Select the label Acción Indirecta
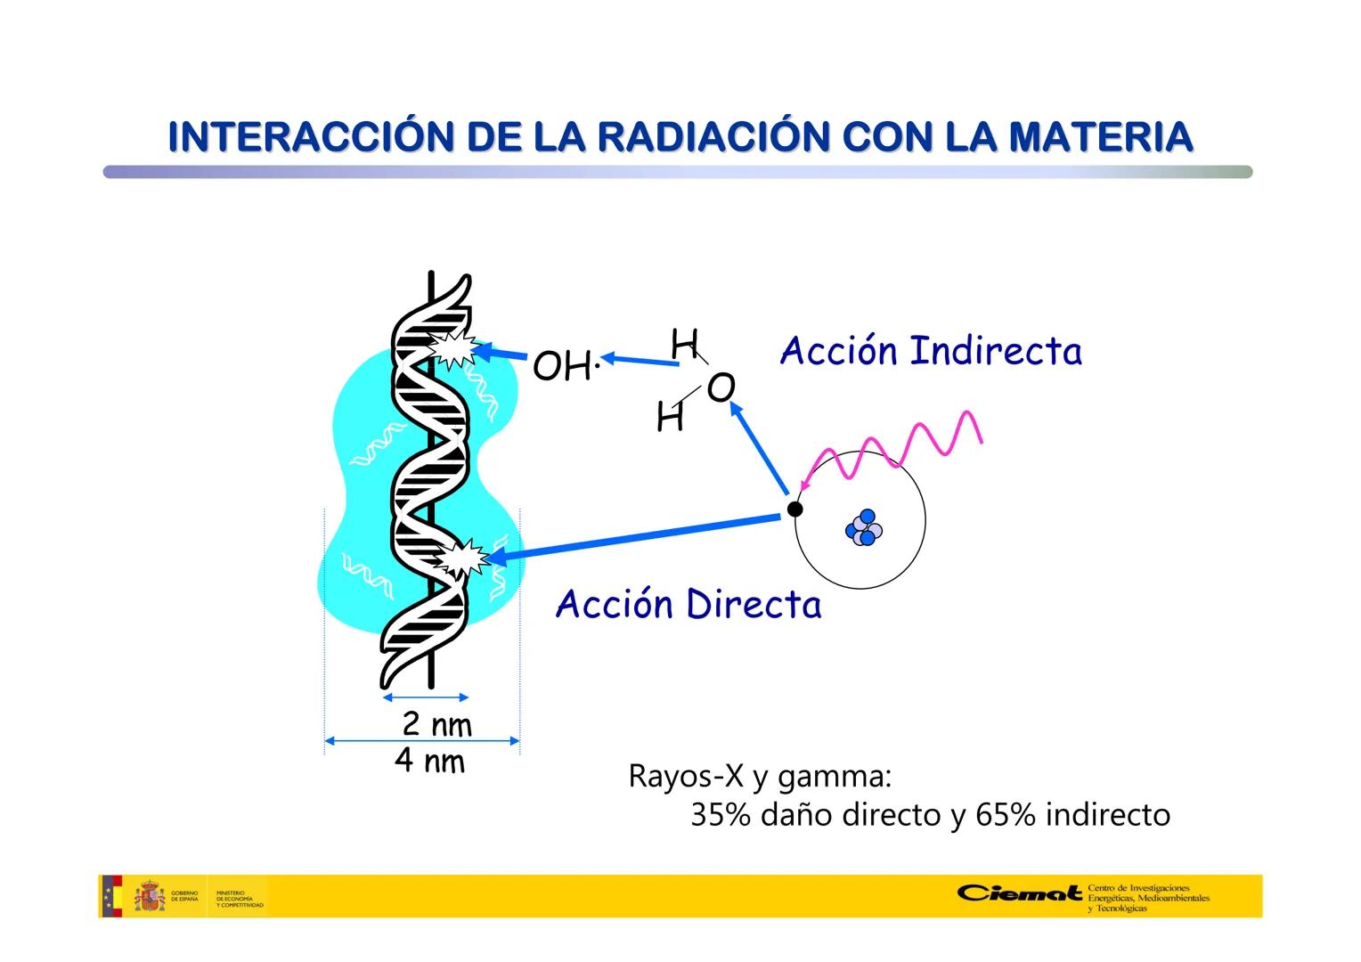point(931,351)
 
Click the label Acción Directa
point(688,604)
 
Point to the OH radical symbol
point(563,366)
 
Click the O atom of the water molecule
point(721,388)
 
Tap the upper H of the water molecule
point(684,344)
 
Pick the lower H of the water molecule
point(670,417)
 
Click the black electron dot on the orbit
point(795,509)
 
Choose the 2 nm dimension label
point(436,724)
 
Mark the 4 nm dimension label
point(430,762)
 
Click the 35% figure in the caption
point(721,815)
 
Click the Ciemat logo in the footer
point(1021,893)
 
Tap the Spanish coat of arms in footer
point(150,896)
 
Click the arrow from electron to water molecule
point(759,448)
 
